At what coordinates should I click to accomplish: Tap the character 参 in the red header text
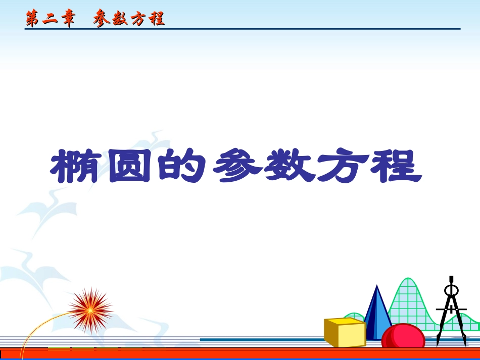point(103,19)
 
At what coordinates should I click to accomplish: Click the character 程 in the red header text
point(156,19)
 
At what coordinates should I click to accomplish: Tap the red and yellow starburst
point(90,310)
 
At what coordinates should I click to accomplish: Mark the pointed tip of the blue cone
point(376,287)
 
